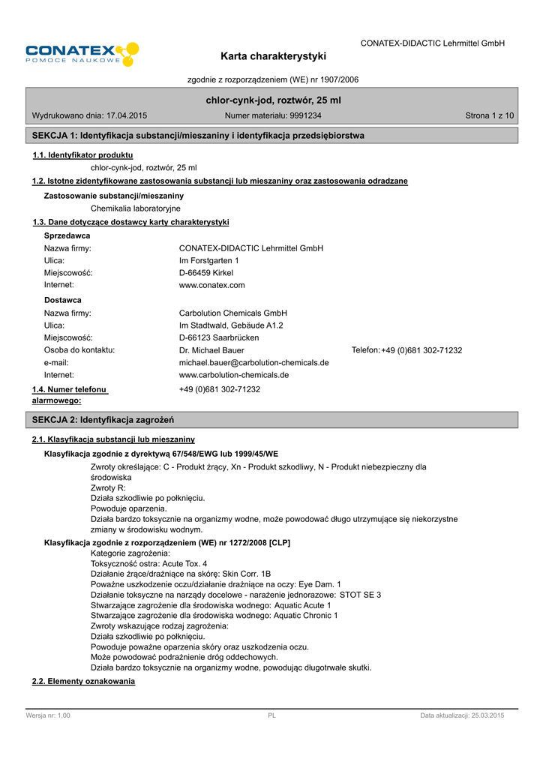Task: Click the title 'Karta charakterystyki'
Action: (x=274, y=56)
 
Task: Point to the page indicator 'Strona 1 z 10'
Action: (x=490, y=115)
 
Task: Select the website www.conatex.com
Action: (x=211, y=285)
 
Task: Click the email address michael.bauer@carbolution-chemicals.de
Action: (x=253, y=362)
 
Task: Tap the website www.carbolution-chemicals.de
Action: (x=234, y=374)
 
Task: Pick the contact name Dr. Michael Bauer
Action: (x=211, y=350)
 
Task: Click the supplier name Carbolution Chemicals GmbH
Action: (x=233, y=313)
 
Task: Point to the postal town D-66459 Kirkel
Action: (x=206, y=273)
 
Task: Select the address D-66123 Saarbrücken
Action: (x=219, y=337)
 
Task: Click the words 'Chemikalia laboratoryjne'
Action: (x=135, y=208)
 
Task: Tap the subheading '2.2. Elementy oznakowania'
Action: (x=83, y=681)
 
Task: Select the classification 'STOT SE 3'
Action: (x=360, y=595)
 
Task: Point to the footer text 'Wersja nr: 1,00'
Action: (x=48, y=715)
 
